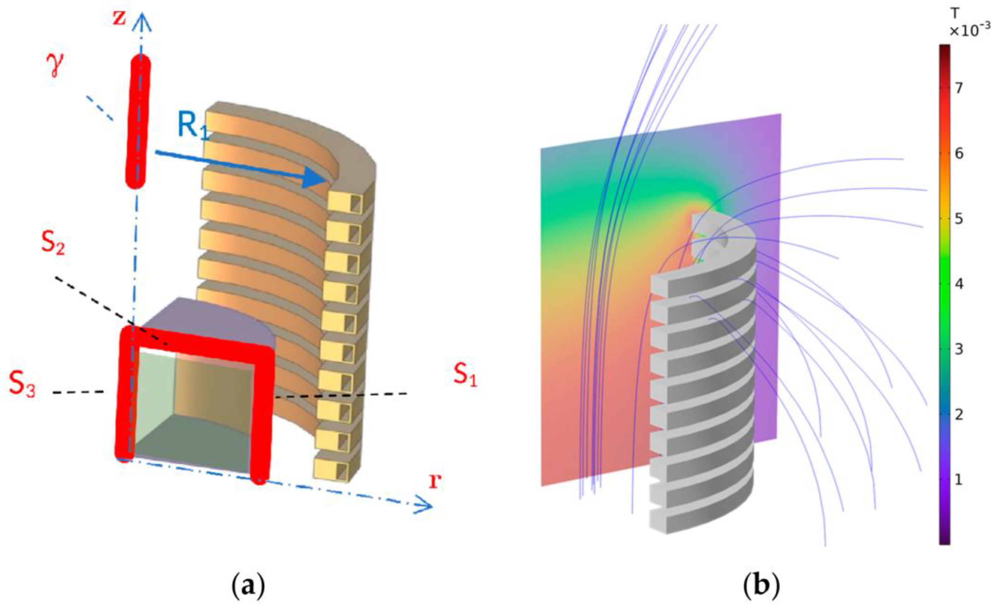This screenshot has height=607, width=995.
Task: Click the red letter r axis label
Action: [434, 481]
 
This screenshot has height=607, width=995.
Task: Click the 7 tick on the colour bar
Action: [958, 88]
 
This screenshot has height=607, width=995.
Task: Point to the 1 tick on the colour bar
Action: [958, 480]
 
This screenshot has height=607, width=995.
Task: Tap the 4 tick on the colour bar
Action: [958, 284]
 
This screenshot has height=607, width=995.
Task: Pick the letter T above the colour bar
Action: [954, 14]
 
